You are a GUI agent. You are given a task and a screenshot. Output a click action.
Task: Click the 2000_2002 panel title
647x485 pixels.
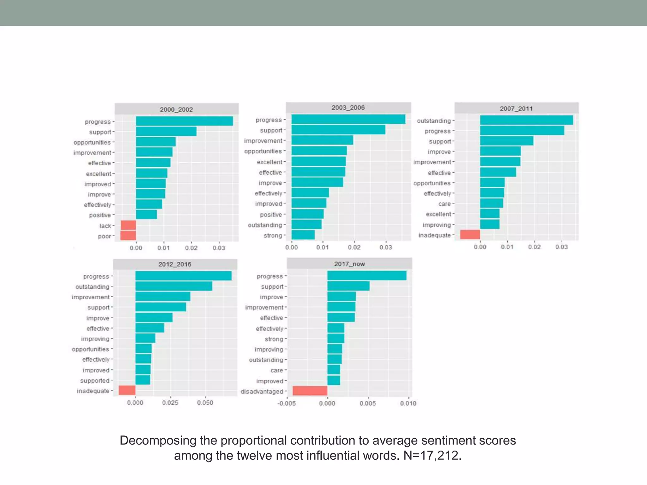point(176,110)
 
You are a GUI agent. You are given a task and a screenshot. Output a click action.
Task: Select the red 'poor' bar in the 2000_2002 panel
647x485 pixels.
point(128,236)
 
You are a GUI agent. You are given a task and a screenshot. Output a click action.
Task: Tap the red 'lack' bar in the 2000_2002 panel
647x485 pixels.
point(128,225)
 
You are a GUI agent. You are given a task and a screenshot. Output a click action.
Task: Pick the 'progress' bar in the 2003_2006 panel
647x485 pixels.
point(348,119)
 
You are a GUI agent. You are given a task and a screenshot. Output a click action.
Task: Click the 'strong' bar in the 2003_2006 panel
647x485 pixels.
point(303,235)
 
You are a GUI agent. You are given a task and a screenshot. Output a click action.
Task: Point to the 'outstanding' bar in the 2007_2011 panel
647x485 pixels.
point(526,120)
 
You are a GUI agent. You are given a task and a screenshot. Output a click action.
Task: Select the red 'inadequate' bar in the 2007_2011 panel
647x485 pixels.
point(470,235)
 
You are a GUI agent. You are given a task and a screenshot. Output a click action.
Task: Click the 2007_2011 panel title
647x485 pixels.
point(516,109)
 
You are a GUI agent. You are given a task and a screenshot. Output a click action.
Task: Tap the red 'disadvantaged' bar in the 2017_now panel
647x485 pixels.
point(310,391)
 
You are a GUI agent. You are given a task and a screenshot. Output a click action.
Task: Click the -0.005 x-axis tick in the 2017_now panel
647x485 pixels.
point(287,403)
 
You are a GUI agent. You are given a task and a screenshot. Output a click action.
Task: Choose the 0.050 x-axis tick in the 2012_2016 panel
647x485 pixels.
point(205,403)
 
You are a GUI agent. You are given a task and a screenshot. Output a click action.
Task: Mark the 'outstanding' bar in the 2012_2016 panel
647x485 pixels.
point(174,286)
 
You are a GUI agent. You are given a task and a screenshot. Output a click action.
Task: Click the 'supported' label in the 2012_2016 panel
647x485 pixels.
point(95,380)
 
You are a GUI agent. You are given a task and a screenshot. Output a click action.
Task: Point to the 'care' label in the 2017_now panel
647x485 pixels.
point(277,370)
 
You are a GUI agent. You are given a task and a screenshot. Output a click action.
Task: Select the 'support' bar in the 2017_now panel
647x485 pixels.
point(348,286)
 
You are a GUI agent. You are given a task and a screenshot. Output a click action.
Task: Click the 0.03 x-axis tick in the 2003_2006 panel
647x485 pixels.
point(386,247)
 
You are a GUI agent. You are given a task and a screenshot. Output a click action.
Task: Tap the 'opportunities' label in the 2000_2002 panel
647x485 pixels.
point(92,142)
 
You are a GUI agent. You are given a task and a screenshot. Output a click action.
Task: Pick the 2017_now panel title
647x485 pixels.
point(349,264)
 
